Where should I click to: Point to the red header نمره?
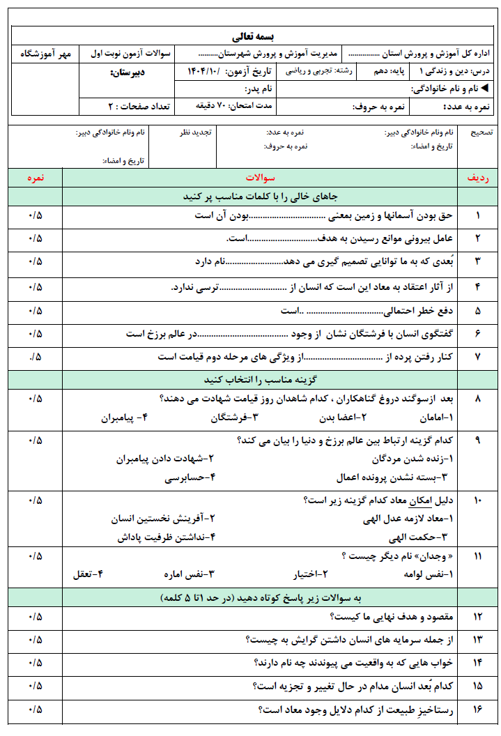[x=36, y=178]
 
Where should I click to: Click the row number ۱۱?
[x=477, y=555]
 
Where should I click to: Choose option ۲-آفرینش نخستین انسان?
[x=163, y=519]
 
